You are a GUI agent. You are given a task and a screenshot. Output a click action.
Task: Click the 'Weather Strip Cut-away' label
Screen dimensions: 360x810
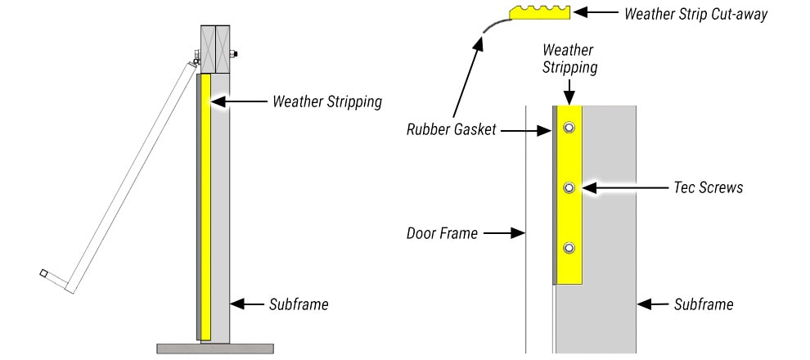point(695,15)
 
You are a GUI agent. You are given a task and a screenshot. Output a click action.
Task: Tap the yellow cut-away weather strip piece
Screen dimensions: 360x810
point(539,13)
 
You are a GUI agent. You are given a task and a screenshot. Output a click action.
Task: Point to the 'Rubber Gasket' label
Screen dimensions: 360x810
point(452,130)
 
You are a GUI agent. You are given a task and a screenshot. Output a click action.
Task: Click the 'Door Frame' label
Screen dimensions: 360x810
point(442,233)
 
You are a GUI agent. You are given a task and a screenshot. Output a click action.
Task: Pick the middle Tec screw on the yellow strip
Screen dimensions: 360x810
point(569,188)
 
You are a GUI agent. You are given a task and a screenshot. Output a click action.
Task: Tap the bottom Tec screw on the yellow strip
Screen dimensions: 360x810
point(569,248)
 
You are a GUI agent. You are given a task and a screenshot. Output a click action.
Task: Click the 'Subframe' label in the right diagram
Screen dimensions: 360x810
point(704,304)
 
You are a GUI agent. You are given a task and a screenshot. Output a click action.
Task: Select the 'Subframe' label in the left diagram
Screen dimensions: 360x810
point(299,304)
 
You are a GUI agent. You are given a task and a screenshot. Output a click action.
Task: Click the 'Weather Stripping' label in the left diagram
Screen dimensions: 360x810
point(327,102)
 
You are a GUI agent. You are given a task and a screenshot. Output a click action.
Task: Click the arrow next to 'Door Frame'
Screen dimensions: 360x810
point(503,233)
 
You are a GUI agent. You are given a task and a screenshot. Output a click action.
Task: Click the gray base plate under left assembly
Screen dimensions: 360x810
point(215,348)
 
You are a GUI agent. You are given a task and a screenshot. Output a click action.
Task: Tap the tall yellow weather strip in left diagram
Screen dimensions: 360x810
point(205,205)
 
